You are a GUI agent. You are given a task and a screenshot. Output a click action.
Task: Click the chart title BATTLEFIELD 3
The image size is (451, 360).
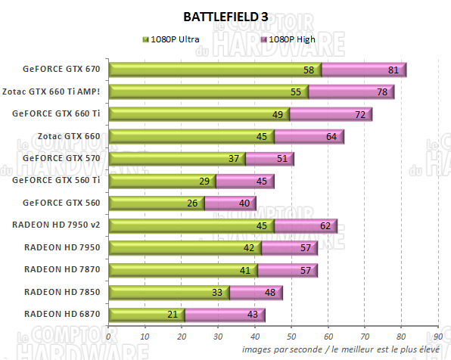tap(225, 16)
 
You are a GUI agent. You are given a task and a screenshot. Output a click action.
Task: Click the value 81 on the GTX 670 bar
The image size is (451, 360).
tap(393, 70)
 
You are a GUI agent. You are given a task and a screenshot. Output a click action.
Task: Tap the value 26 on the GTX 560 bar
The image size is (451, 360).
tap(192, 203)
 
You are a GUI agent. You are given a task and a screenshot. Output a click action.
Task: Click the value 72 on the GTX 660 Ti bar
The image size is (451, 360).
tap(360, 115)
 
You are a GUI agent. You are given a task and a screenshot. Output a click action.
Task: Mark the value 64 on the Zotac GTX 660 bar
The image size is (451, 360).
tap(331, 137)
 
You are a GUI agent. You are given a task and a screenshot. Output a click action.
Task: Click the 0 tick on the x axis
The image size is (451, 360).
tap(109, 337)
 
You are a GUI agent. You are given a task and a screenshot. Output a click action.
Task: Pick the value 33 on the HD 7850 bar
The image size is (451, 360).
tap(218, 292)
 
